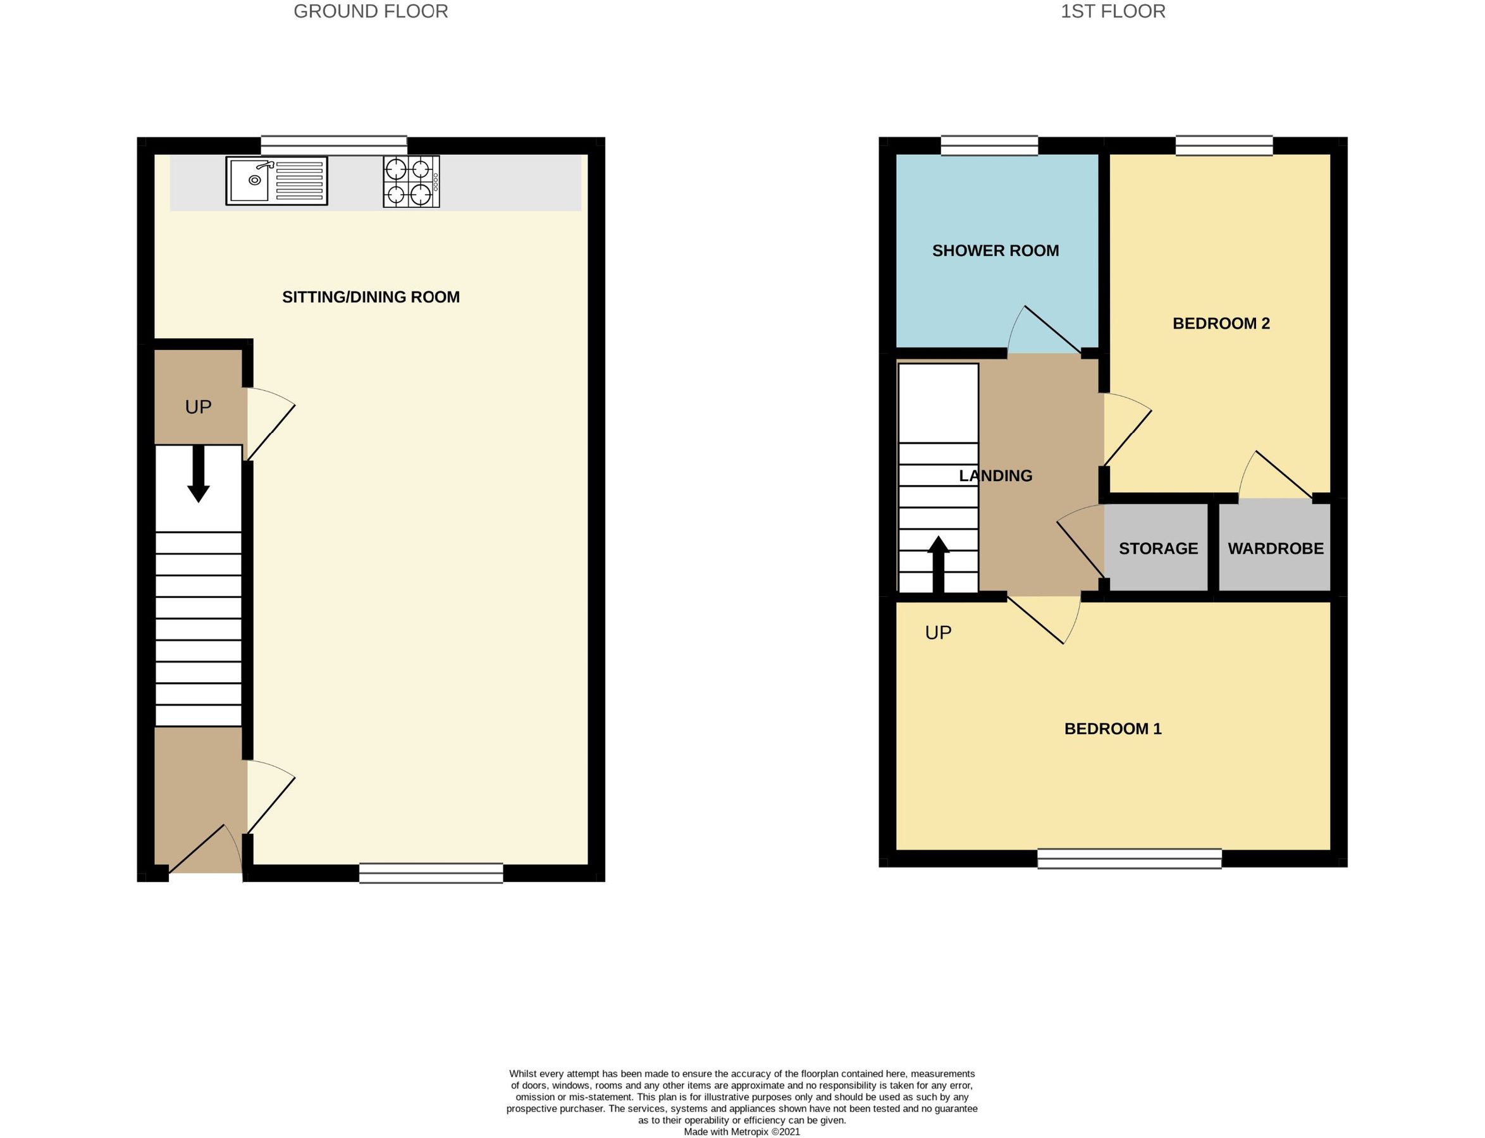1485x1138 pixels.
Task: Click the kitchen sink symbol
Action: [276, 181]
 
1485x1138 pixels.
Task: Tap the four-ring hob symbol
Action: [410, 181]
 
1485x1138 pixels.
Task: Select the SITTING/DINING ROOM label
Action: [371, 297]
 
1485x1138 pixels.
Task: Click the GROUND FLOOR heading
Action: [371, 11]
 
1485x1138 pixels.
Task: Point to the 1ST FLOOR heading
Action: [1112, 11]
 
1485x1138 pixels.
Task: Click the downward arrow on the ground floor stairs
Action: [199, 474]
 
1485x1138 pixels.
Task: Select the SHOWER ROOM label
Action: [995, 250]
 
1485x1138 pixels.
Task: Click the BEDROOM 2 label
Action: [1221, 324]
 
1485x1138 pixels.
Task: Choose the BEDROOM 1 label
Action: [1112, 729]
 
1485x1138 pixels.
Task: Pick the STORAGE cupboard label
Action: [1158, 549]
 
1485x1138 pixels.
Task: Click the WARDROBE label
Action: [1275, 549]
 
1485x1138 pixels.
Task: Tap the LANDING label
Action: [995, 476]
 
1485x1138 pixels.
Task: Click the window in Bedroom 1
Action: [1130, 859]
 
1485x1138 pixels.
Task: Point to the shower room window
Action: [989, 145]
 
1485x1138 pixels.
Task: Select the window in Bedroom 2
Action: [1224, 145]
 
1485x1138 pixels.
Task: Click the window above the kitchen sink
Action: [334, 145]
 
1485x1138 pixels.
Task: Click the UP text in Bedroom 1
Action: [939, 633]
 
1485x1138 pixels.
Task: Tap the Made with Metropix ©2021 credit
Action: [742, 1132]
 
